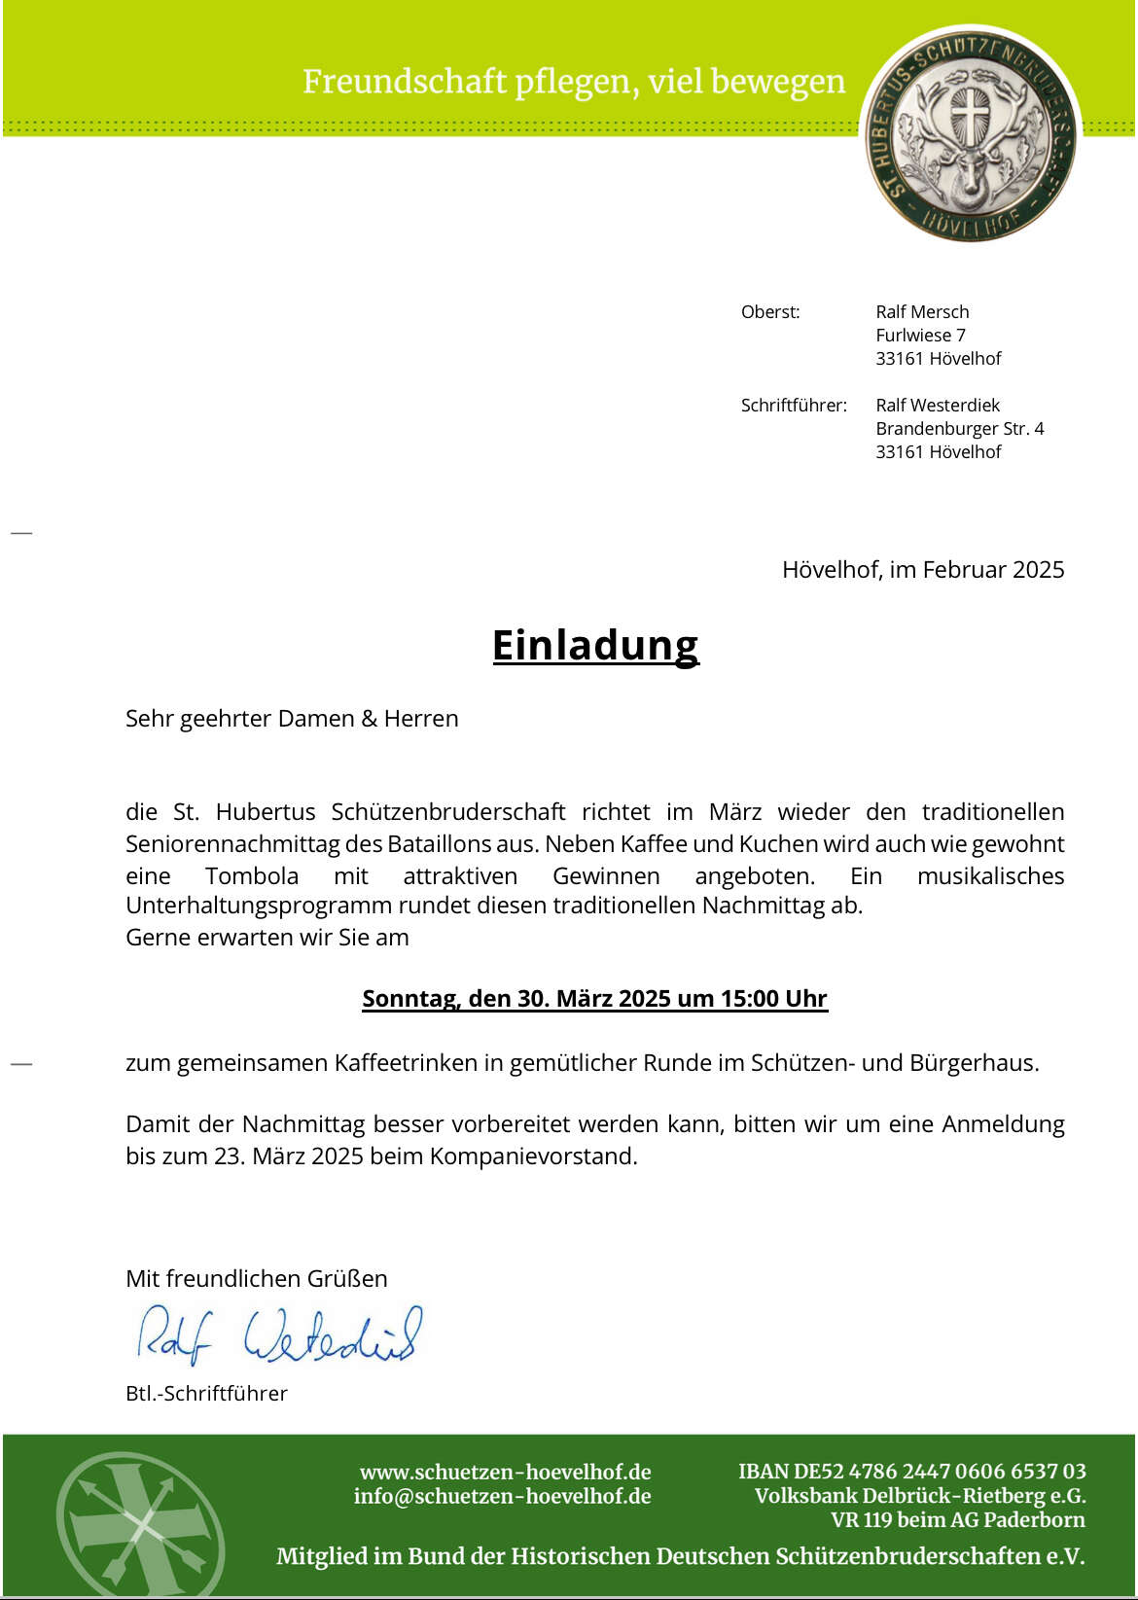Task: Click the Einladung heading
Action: pos(595,645)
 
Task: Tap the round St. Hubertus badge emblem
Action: pos(971,134)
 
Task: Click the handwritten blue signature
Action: pos(279,1334)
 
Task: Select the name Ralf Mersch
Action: pos(922,312)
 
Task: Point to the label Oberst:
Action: pos(770,312)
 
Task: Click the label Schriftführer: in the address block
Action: pos(794,406)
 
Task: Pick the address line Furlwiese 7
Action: pos(920,336)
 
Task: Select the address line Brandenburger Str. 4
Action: pos(959,429)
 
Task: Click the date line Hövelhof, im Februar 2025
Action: pos(922,570)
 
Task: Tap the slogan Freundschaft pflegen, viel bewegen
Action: pos(574,82)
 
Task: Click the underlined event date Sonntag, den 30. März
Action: pos(594,999)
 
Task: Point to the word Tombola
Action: pos(252,875)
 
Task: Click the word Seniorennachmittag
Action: pos(254,843)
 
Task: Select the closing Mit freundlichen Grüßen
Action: pos(257,1278)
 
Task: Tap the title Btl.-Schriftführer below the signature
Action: pos(206,1394)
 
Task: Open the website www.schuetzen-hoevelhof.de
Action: pos(505,1473)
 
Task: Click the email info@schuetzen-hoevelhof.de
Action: pos(502,1496)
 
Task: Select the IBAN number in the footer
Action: pos(911,1472)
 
